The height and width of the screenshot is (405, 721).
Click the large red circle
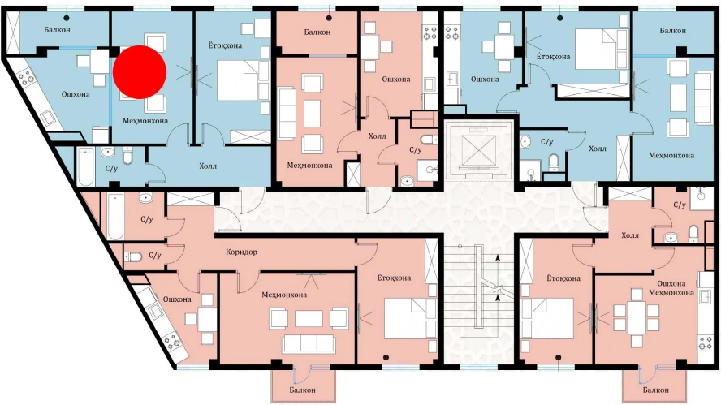140,72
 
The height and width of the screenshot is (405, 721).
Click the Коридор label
241,252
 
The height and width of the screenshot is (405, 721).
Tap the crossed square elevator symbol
478,149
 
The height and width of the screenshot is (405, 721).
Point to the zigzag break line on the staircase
498,290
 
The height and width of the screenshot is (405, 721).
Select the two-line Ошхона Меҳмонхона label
671,288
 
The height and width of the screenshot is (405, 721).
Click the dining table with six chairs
637,317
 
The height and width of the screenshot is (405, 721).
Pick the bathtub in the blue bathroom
86,166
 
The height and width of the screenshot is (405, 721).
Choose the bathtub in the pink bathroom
115,216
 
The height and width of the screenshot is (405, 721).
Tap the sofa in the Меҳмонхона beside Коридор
309,343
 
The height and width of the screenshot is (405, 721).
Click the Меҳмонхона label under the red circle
145,121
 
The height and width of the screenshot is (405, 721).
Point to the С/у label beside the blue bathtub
112,169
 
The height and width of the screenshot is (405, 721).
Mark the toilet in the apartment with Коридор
133,256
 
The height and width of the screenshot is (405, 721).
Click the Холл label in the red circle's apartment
208,166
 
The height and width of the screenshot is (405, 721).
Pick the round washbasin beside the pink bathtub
146,199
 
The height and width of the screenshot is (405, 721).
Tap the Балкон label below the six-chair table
656,390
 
